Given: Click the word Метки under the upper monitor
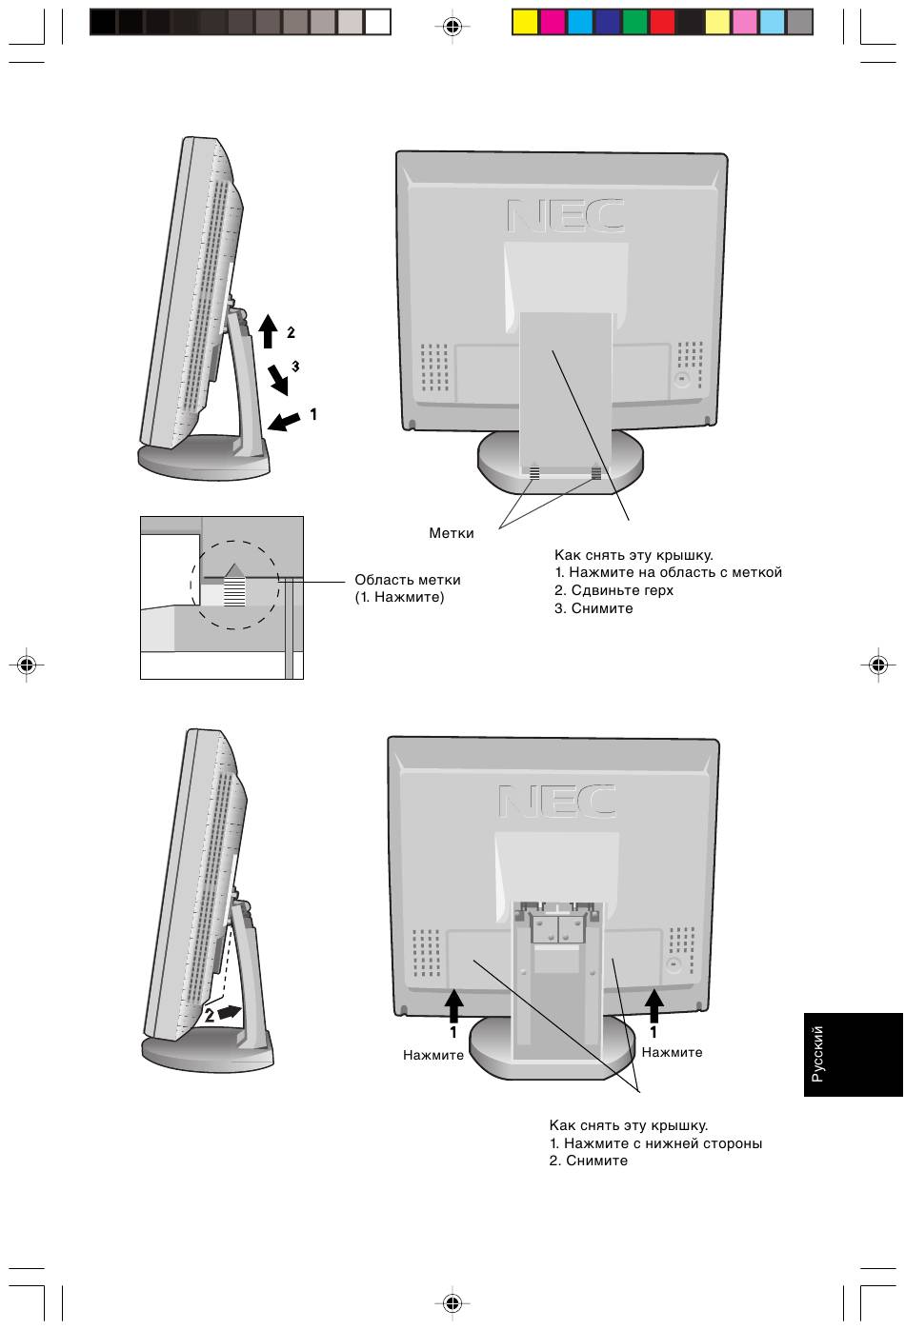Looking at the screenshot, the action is click(x=451, y=532).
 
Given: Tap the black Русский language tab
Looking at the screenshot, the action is click(x=853, y=1054).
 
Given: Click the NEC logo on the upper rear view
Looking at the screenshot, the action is click(x=565, y=215).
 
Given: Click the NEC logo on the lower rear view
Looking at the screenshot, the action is click(x=556, y=801).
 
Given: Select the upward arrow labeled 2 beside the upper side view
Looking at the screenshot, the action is click(x=268, y=330).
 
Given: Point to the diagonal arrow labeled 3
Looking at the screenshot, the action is click(x=278, y=380).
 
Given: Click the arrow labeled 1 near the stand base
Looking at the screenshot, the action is click(x=284, y=421).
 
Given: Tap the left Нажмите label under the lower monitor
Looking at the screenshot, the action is click(x=433, y=1055).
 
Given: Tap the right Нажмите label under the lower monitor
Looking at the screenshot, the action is click(x=672, y=1052).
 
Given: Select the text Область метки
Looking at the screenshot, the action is click(x=407, y=580).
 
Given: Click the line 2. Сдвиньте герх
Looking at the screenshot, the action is click(x=613, y=590).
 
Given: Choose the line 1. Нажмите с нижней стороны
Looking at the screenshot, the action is click(x=655, y=1143).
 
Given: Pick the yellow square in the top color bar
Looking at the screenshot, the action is click(x=525, y=22).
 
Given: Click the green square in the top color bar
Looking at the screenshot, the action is click(x=634, y=22).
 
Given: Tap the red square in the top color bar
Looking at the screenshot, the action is click(x=662, y=22).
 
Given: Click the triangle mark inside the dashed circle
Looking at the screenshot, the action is click(x=234, y=570).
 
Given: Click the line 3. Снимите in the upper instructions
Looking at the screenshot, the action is click(x=593, y=608).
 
